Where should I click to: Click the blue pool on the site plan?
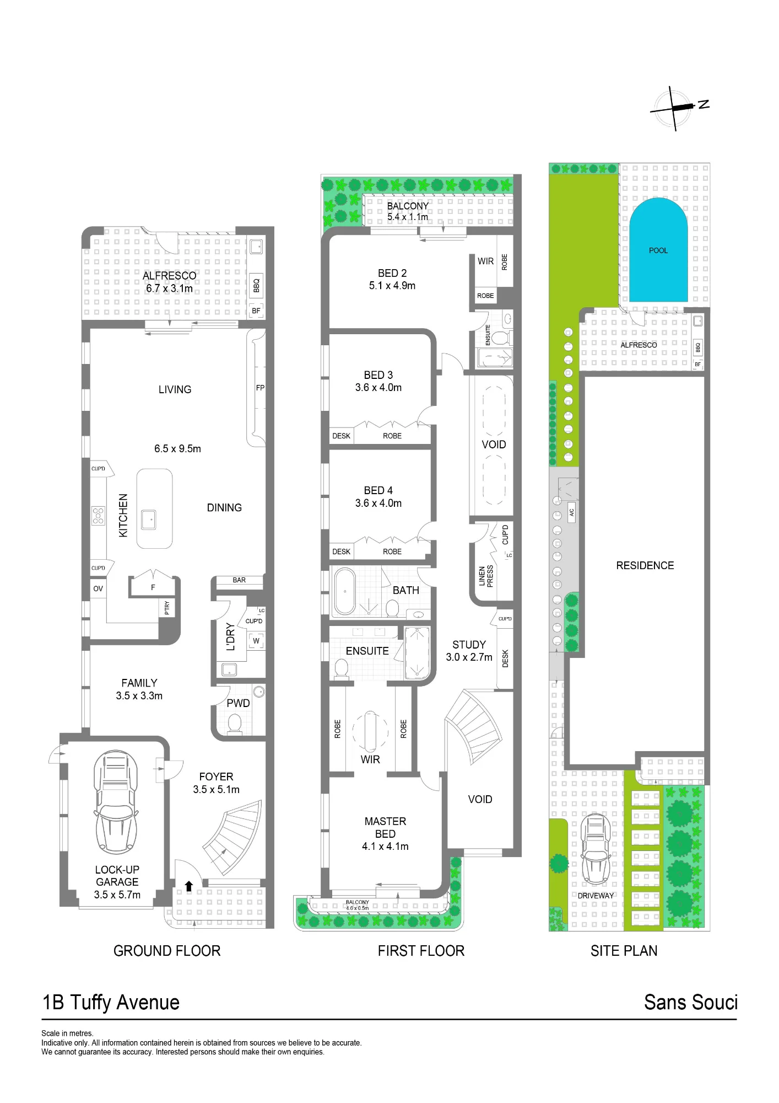tap(658, 251)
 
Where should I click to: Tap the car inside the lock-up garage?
tap(116, 802)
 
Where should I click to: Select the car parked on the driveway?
tap(596, 849)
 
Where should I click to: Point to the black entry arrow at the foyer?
tap(189, 886)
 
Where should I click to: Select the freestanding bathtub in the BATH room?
tap(345, 591)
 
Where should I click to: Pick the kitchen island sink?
tap(149, 520)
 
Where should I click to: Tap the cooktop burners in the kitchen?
tap(98, 516)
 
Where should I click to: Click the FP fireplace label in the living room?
tap(260, 388)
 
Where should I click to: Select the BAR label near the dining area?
tap(239, 580)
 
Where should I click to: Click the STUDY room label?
tap(469, 645)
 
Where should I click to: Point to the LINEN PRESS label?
tap(486, 576)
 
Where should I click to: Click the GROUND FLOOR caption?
tap(167, 951)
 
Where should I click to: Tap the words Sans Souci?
tap(691, 1002)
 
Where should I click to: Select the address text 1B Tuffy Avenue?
tap(111, 1003)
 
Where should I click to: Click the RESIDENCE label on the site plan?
tap(645, 565)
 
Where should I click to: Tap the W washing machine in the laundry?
tap(256, 641)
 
